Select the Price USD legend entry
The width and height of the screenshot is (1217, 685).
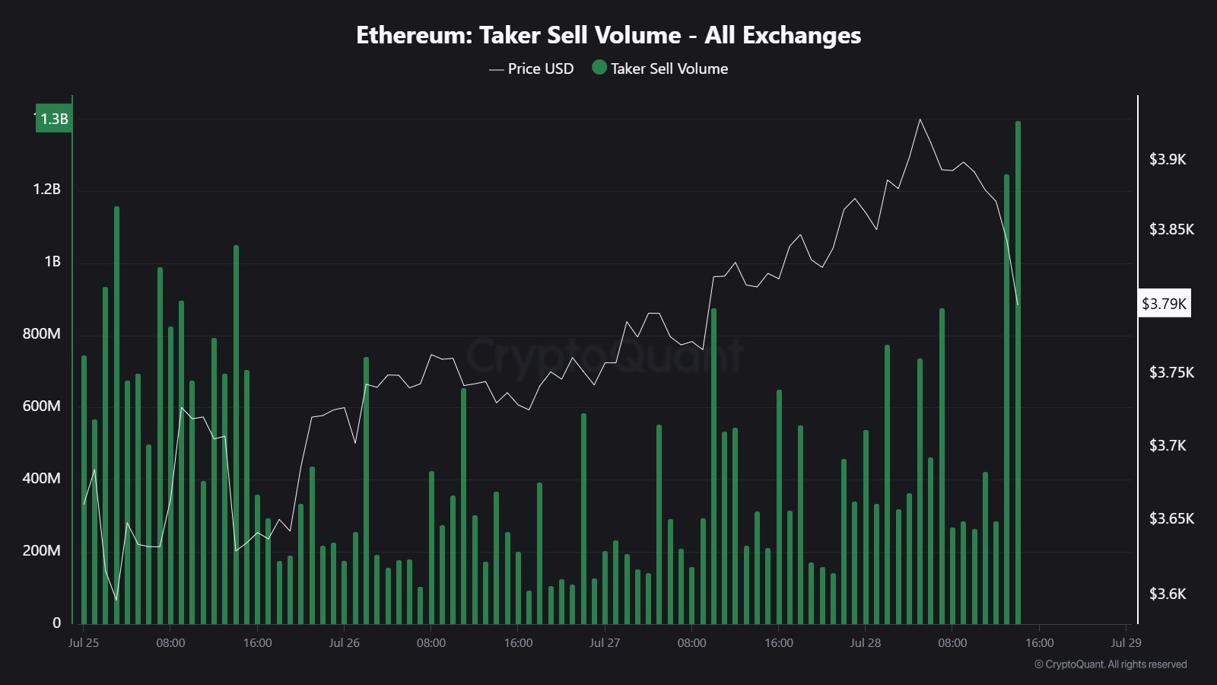pos(532,68)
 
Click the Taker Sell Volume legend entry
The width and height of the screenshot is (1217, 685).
pos(660,68)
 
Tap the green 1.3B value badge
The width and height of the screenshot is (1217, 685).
pos(54,119)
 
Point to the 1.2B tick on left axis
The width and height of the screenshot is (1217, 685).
pos(46,189)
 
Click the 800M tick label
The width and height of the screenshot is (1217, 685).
pos(42,333)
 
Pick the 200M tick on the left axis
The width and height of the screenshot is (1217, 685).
pos(42,550)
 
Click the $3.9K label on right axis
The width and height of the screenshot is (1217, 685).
pos(1167,159)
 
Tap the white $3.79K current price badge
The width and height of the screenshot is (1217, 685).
pos(1164,304)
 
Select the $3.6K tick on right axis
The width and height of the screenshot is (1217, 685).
pos(1167,594)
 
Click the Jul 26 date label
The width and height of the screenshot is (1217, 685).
pos(344,642)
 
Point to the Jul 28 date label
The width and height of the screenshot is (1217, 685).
pos(865,642)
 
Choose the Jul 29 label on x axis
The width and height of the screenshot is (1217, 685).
pos(1126,642)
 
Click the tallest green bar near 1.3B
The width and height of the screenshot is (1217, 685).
pos(1018,373)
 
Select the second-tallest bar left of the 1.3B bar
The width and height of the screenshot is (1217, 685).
pos(1006,400)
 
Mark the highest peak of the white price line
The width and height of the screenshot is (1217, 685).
pos(920,119)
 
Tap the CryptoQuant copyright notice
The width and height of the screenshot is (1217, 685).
pos(1111,664)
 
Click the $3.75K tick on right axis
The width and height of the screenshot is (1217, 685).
pos(1171,372)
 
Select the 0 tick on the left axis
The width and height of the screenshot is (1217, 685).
pos(56,623)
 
